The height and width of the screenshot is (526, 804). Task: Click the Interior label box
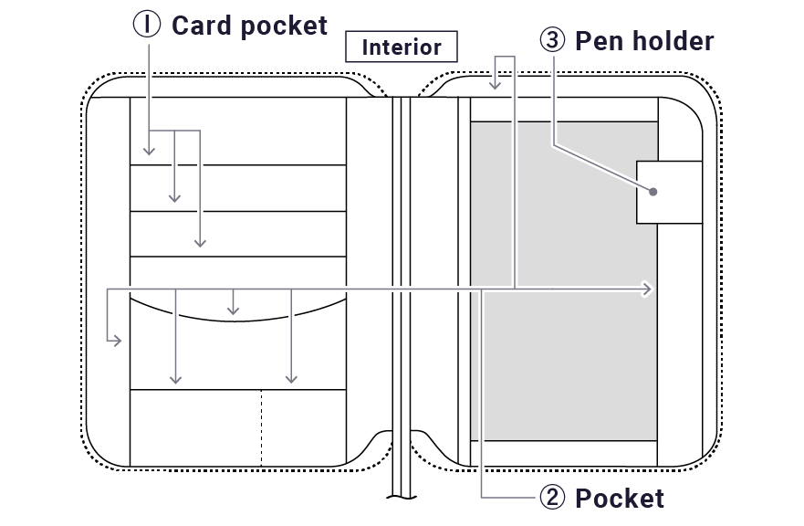click(x=402, y=47)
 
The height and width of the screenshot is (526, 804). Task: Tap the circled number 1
click(x=146, y=25)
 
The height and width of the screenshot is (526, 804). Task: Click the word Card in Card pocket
click(x=201, y=25)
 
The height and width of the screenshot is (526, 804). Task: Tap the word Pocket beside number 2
click(x=619, y=498)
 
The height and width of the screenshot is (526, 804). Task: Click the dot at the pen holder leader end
click(x=653, y=192)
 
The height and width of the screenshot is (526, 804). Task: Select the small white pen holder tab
click(x=669, y=192)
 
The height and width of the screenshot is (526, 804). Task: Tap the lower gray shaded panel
click(x=564, y=365)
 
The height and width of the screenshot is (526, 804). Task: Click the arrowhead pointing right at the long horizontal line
click(x=649, y=289)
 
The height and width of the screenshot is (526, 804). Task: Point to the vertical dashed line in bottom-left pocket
click(x=262, y=427)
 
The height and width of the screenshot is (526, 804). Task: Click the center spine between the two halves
click(x=401, y=274)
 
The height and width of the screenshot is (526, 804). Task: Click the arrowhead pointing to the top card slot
click(x=149, y=151)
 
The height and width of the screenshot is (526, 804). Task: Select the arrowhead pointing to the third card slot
click(x=199, y=243)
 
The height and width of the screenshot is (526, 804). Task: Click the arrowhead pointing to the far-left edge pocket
click(x=116, y=342)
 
